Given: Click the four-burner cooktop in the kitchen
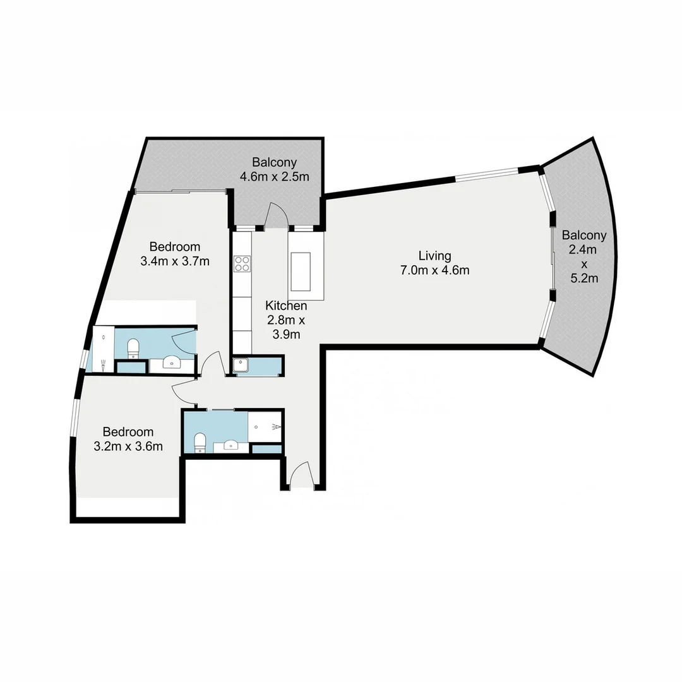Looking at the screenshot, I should [x=242, y=263].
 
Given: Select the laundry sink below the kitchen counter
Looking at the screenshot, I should [x=241, y=366].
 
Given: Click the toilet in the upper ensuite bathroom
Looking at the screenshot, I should [x=133, y=347].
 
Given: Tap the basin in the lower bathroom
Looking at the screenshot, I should [x=230, y=446].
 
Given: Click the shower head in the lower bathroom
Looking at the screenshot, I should [x=275, y=427].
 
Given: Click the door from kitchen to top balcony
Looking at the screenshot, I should [x=277, y=215].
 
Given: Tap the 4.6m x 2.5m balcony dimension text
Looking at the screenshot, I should [x=274, y=176].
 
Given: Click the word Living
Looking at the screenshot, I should [x=434, y=256].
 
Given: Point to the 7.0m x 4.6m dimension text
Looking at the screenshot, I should [x=434, y=271].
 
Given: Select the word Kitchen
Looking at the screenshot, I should [x=286, y=306].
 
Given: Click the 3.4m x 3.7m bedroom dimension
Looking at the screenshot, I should [x=175, y=261].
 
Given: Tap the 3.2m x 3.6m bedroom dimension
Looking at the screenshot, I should [x=128, y=446].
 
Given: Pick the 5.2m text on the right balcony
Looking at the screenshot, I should [x=584, y=278].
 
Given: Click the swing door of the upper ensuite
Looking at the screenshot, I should [x=184, y=341].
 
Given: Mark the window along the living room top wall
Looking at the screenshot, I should [x=487, y=174].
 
